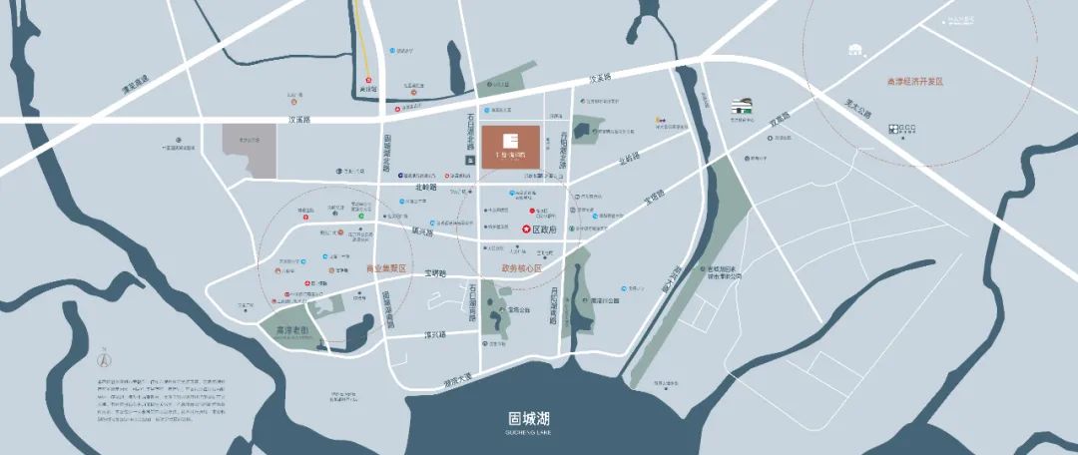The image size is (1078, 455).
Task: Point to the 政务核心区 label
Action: click(x=520, y=268)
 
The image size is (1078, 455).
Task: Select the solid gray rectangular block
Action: click(x=248, y=152)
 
